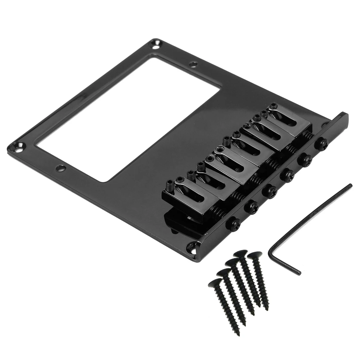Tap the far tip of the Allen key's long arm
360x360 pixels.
point(350,185)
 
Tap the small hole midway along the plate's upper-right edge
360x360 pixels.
point(193,64)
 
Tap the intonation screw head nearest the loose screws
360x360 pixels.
point(234,223)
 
